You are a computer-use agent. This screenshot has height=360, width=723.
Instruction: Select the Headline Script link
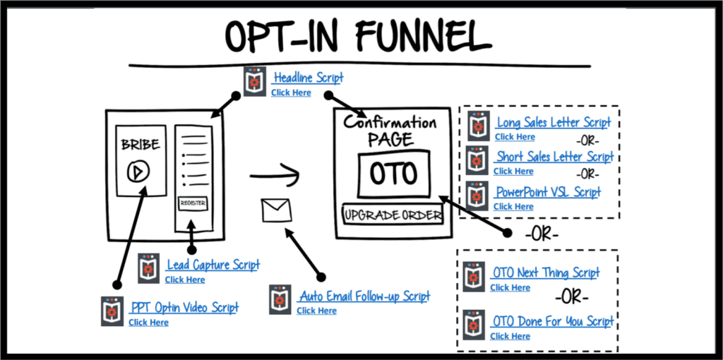click(309, 78)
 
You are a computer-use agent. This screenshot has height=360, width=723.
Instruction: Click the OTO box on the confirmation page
click(394, 174)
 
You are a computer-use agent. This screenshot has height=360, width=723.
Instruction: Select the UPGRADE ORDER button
click(393, 215)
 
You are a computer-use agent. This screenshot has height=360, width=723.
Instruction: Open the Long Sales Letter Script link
click(554, 123)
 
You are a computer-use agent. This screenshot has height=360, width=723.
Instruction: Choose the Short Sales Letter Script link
click(554, 157)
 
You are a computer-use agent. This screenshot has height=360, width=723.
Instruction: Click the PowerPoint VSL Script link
click(548, 192)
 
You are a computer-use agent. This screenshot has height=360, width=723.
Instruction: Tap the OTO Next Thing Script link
click(546, 273)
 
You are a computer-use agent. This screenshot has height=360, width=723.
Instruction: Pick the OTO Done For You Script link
click(553, 322)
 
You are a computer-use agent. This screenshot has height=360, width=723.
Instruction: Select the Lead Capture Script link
click(213, 265)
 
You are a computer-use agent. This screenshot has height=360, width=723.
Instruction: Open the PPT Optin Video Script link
click(185, 308)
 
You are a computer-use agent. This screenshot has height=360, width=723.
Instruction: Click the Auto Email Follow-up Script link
click(364, 296)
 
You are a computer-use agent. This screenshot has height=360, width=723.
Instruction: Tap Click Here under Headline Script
click(291, 92)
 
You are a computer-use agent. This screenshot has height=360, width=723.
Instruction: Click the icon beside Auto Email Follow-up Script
click(280, 300)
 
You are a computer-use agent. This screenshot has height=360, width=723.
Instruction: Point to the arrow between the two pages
click(275, 172)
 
